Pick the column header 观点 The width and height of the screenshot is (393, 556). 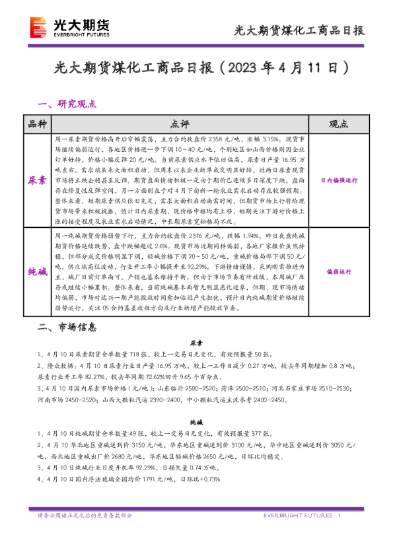tap(338, 124)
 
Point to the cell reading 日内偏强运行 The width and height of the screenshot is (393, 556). tap(338, 180)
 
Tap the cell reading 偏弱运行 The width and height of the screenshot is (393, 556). tap(338, 271)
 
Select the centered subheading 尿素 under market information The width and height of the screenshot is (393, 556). tap(196, 343)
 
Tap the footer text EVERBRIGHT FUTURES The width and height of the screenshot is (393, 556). tap(301, 515)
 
